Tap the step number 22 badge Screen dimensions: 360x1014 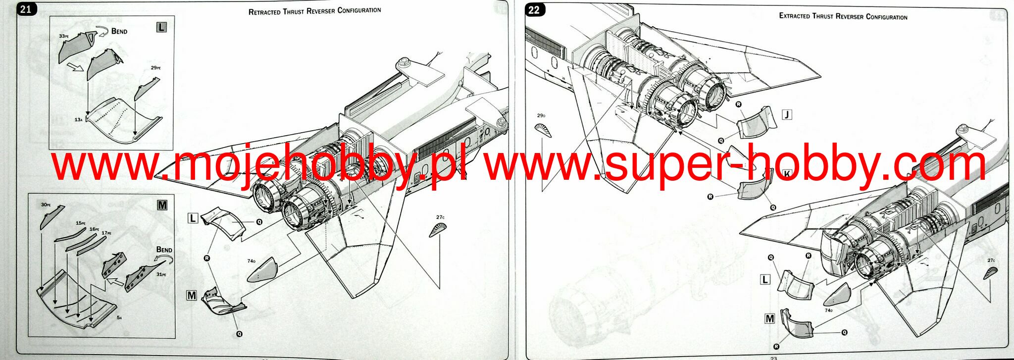pyautogui.click(x=534, y=10)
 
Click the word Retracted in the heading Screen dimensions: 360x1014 pyautogui.click(x=264, y=11)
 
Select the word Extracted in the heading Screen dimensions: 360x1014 pyautogui.click(x=795, y=16)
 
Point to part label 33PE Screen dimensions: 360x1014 pyautogui.click(x=63, y=36)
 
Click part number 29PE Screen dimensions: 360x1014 pyautogui.click(x=155, y=68)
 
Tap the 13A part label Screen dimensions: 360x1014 pyautogui.click(x=78, y=120)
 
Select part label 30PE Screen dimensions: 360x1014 pyautogui.click(x=46, y=205)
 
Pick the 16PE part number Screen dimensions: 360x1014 pyautogui.click(x=94, y=229)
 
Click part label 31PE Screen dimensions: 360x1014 pyautogui.click(x=161, y=274)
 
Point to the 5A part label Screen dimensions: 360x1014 pyautogui.click(x=119, y=317)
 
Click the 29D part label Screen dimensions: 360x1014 pyautogui.click(x=541, y=116)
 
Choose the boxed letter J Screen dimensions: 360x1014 pyautogui.click(x=787, y=115)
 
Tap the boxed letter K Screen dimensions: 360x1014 pyautogui.click(x=787, y=173)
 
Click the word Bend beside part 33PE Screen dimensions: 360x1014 pyautogui.click(x=119, y=31)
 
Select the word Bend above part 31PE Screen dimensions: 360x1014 pyautogui.click(x=164, y=250)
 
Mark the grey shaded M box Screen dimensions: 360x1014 pyautogui.click(x=162, y=205)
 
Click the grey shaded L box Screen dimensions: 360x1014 pyautogui.click(x=161, y=27)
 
